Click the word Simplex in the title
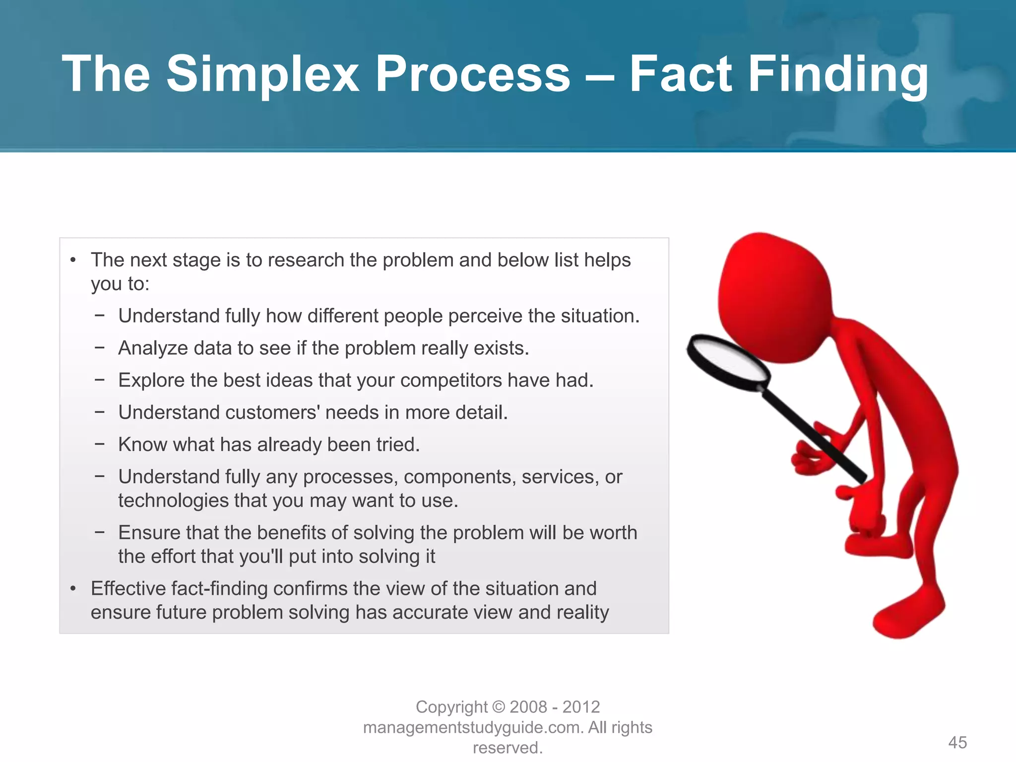(x=262, y=74)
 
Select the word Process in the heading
(x=472, y=74)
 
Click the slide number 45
(x=957, y=743)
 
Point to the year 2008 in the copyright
(x=528, y=707)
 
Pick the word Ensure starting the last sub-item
(x=149, y=533)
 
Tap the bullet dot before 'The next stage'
(x=73, y=260)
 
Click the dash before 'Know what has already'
(x=100, y=444)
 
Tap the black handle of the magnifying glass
(x=814, y=434)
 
